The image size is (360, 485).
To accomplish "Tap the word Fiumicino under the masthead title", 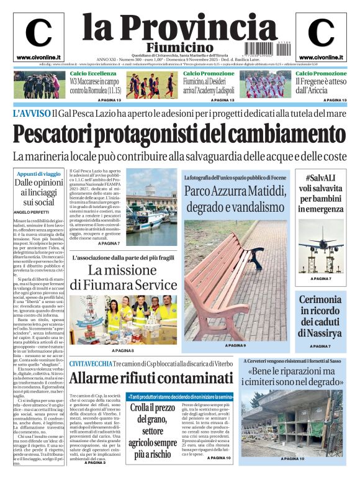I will [x=179, y=48].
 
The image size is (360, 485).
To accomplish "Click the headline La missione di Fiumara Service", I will [x=124, y=278].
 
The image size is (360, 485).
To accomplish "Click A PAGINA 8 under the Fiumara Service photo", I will [x=122, y=351].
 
